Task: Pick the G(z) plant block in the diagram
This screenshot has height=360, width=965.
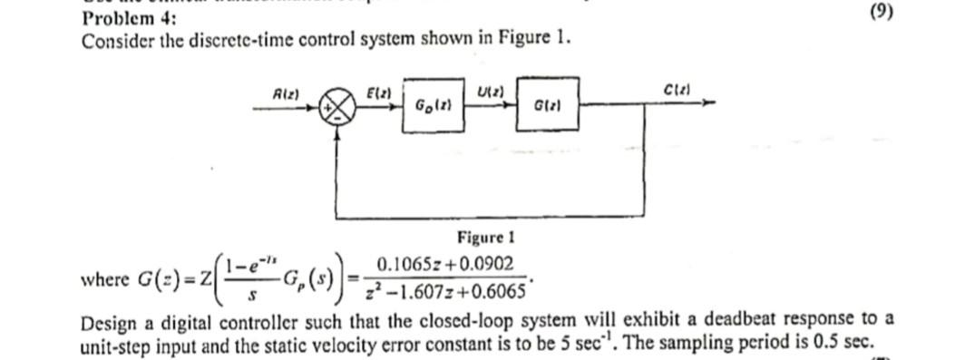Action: pos(545,105)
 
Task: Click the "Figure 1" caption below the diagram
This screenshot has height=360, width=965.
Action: pos(486,238)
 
